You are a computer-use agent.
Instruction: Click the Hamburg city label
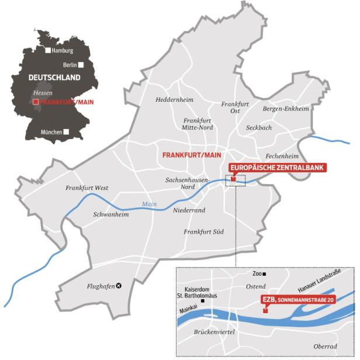tap(63, 51)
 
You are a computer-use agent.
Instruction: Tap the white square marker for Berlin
tap(82, 65)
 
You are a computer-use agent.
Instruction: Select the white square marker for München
tap(65, 132)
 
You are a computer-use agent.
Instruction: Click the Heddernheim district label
tap(175, 99)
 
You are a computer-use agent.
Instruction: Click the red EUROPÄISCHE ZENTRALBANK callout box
tap(276, 167)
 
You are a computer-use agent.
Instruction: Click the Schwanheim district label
tap(110, 214)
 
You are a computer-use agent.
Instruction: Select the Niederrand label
tap(189, 210)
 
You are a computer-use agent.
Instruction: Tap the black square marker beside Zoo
tap(264, 274)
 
